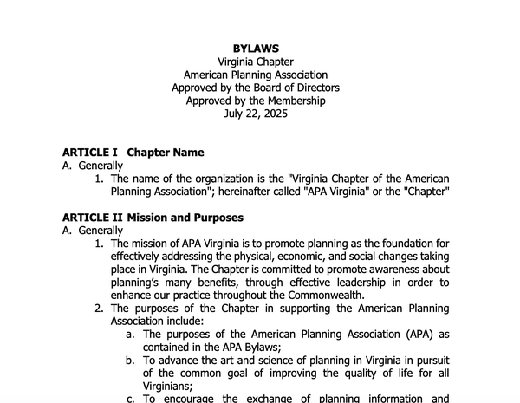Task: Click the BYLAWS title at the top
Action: (x=256, y=49)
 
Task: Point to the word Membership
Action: (x=291, y=101)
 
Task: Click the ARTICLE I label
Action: (x=89, y=153)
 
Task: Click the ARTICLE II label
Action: (x=93, y=218)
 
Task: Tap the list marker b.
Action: (x=131, y=360)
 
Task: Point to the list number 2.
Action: (x=100, y=309)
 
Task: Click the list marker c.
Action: (x=131, y=399)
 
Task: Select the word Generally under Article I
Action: (x=101, y=166)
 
